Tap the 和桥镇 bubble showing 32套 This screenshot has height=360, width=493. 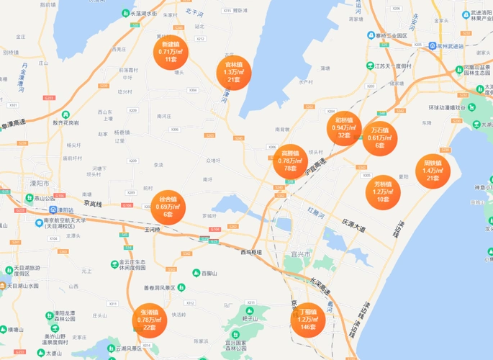coord(344,128)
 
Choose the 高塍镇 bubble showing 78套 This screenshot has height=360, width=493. coord(291,161)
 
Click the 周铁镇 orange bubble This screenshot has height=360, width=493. coord(433,171)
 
